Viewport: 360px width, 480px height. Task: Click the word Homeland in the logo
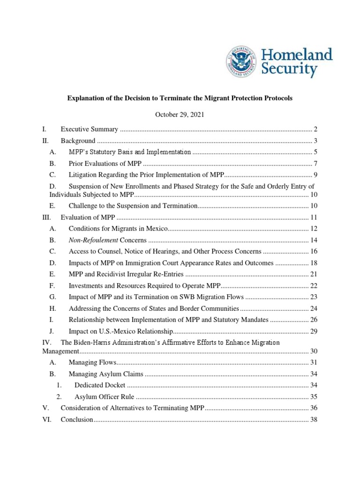pos(297,54)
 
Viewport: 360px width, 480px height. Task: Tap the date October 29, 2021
pos(180,115)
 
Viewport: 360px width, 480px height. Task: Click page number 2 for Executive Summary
pos(316,129)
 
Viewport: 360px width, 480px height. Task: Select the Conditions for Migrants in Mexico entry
pos(118,229)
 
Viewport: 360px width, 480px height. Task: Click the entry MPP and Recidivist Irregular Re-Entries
pos(126,274)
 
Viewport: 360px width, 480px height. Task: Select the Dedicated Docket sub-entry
pos(100,385)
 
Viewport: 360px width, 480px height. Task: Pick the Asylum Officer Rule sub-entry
pos(103,397)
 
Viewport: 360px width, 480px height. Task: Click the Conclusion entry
pos(77,420)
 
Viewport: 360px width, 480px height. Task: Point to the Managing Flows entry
pos(92,362)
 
